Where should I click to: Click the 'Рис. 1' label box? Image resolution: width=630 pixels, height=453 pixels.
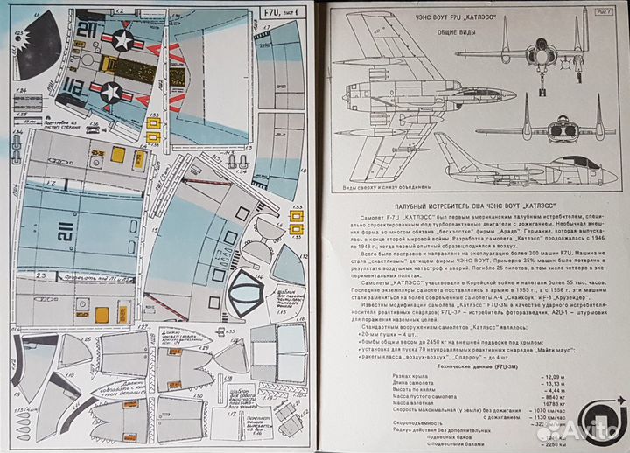pyautogui.click(x=602, y=11)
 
